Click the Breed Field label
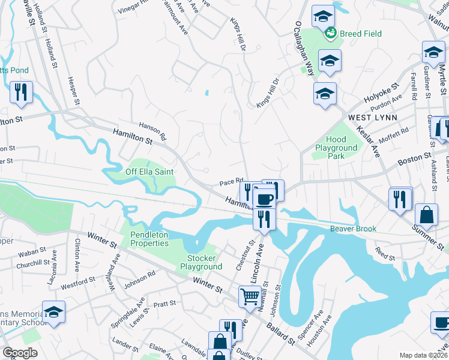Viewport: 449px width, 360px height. click(360, 34)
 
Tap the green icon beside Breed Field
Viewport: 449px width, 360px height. click(330, 34)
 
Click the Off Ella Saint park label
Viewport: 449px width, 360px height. click(149, 172)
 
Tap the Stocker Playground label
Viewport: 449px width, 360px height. click(201, 262)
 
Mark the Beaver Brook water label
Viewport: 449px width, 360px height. click(352, 229)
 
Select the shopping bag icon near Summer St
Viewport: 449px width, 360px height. click(426, 214)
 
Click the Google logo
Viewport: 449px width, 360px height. click(20, 352)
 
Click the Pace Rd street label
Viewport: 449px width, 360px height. click(231, 181)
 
